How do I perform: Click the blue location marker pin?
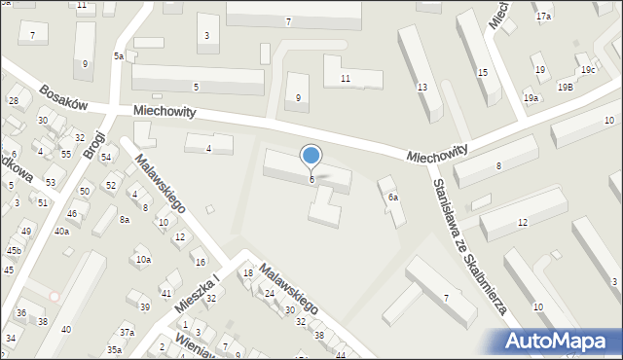tap(311, 157)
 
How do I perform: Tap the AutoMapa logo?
tap(559, 340)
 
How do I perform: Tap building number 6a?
tap(393, 197)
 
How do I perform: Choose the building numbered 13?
tap(421, 88)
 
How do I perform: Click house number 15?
tap(482, 73)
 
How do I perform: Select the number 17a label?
tap(543, 17)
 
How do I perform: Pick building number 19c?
tap(588, 70)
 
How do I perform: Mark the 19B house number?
tap(565, 88)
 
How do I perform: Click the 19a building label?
tap(531, 98)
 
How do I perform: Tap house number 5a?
tap(118, 56)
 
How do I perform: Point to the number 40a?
tap(61, 231)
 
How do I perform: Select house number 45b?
tap(14, 250)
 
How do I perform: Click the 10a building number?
tap(143, 260)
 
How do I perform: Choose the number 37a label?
tap(127, 333)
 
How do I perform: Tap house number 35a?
tap(114, 349)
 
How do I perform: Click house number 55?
tap(65, 154)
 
